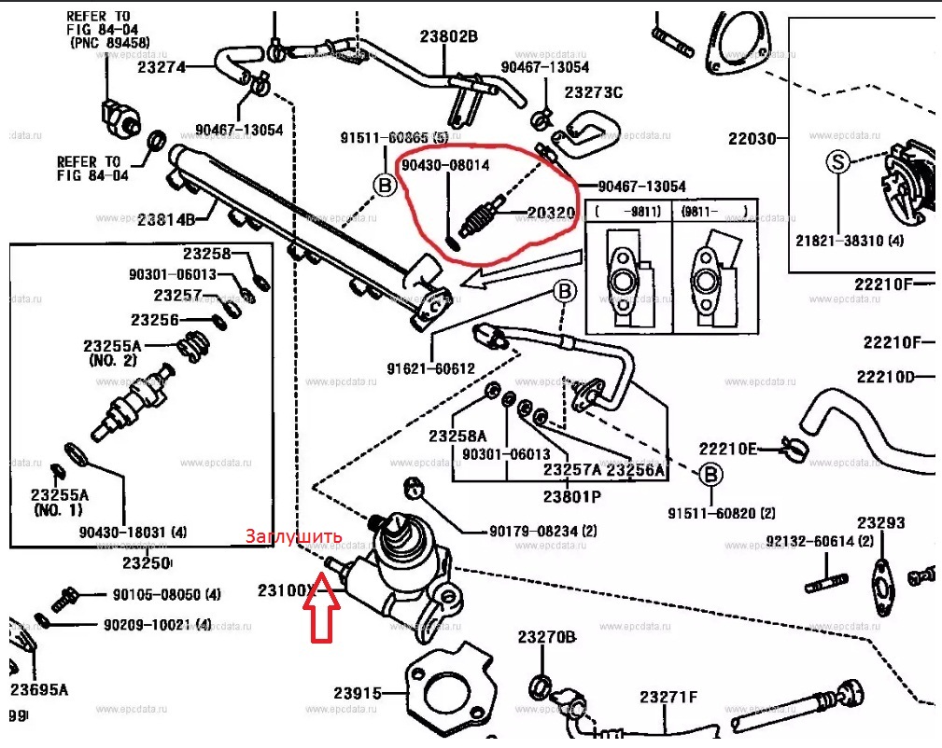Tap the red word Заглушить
pyautogui.click(x=293, y=537)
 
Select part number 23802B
pyautogui.click(x=448, y=37)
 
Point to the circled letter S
pyautogui.click(x=837, y=162)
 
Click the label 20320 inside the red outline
pyautogui.click(x=551, y=214)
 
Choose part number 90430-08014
pyautogui.click(x=445, y=164)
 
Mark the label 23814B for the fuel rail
pyautogui.click(x=165, y=220)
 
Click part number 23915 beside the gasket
pyautogui.click(x=359, y=694)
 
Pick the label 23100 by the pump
pyautogui.click(x=284, y=590)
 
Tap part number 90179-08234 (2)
pyautogui.click(x=542, y=532)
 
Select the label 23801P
pyautogui.click(x=572, y=497)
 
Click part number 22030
pyautogui.click(x=752, y=139)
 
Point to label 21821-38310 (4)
pyautogui.click(x=850, y=240)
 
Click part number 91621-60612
pyautogui.click(x=430, y=368)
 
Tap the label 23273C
pyautogui.click(x=593, y=92)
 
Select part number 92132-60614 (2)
pyautogui.click(x=820, y=541)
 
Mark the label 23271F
pyautogui.click(x=668, y=697)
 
